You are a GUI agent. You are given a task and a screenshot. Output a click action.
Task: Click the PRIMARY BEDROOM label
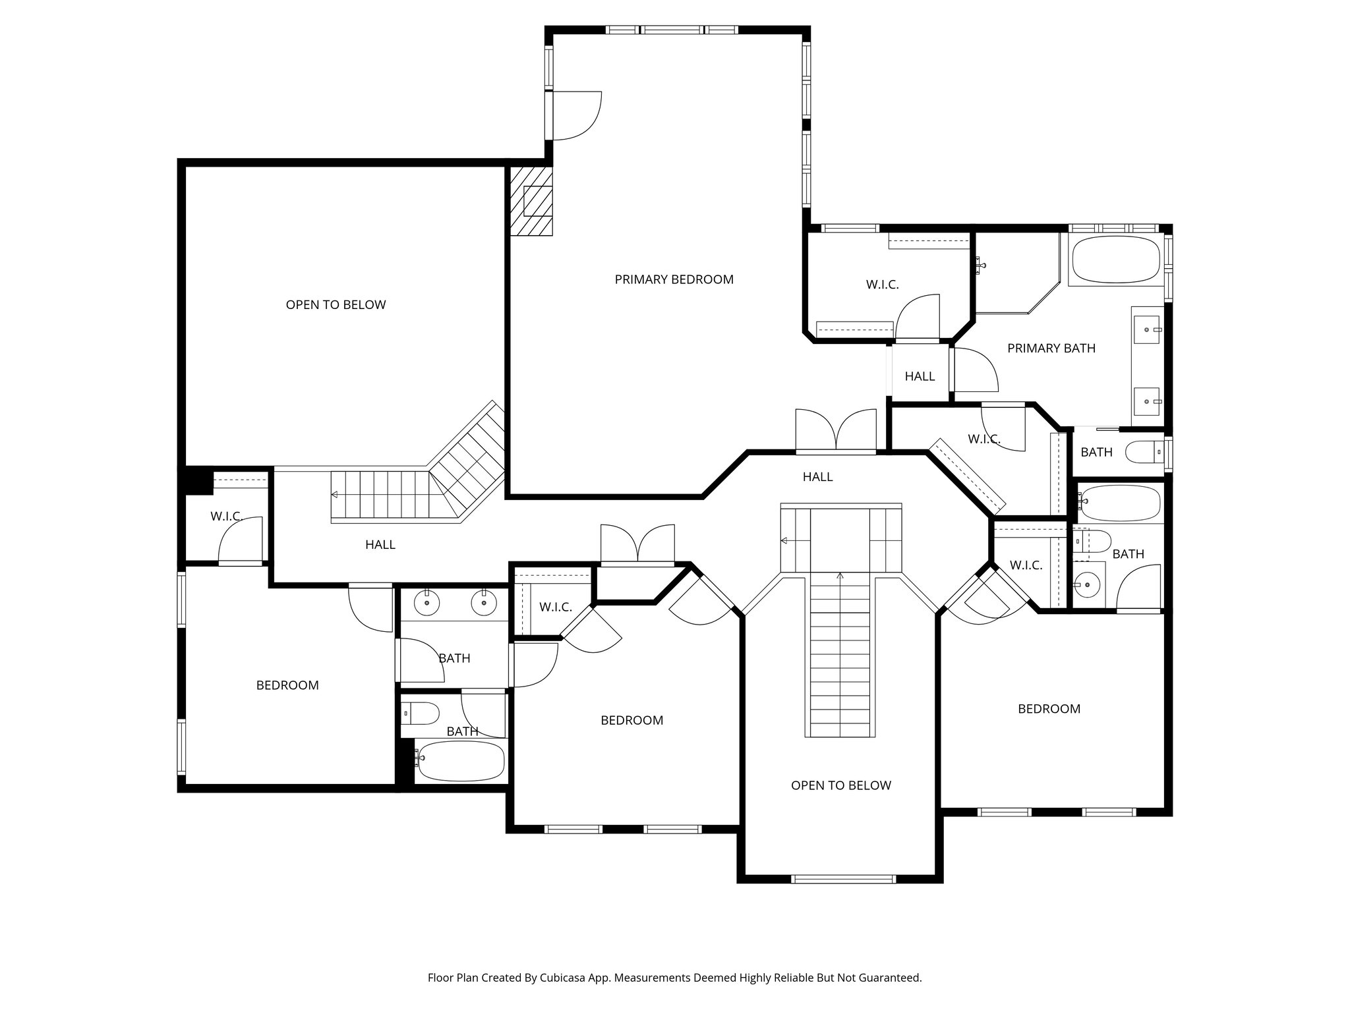pyautogui.click(x=674, y=279)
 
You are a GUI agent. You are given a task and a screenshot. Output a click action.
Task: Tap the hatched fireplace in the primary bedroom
pyautogui.click(x=531, y=201)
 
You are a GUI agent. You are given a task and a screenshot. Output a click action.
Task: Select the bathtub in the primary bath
pyautogui.click(x=1115, y=260)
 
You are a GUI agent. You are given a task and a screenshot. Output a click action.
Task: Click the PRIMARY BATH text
pyautogui.click(x=1051, y=348)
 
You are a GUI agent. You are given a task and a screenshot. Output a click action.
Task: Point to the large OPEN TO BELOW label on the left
pyautogui.click(x=336, y=304)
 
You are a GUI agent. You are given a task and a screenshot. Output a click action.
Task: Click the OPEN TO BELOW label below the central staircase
pyautogui.click(x=840, y=785)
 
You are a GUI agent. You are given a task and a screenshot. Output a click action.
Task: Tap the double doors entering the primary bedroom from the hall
pyautogui.click(x=836, y=432)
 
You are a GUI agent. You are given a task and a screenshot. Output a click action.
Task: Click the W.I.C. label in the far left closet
pyautogui.click(x=226, y=516)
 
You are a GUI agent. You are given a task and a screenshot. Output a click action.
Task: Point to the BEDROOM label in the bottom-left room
pyautogui.click(x=287, y=685)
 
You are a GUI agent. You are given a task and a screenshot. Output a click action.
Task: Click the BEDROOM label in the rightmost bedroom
pyautogui.click(x=1049, y=709)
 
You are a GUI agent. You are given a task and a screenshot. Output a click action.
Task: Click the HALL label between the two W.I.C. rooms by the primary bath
pyautogui.click(x=920, y=376)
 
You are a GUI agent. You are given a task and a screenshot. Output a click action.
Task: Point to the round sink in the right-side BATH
pyautogui.click(x=1086, y=582)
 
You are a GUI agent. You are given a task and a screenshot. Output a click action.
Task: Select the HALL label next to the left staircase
pyautogui.click(x=380, y=544)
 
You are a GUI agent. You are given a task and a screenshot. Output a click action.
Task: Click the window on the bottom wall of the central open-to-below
pyautogui.click(x=843, y=878)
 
